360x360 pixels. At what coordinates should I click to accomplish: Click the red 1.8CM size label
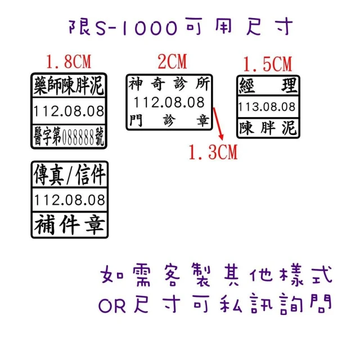point(69,61)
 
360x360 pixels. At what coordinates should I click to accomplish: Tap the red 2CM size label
point(172,61)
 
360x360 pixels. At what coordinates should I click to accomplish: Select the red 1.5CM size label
point(268,64)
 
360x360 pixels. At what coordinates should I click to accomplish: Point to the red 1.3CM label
point(213,152)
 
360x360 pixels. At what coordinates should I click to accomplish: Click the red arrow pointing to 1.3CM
point(218,124)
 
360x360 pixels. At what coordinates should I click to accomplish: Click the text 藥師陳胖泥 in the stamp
point(69,85)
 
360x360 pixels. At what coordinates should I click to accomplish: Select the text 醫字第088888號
point(69,137)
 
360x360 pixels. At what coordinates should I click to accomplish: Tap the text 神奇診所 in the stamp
point(169,84)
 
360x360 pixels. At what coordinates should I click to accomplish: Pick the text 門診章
point(169,120)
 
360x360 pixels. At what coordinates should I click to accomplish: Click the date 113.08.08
point(267,107)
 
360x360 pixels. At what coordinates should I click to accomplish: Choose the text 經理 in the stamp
point(268,85)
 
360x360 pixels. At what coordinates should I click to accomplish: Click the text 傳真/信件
point(69,175)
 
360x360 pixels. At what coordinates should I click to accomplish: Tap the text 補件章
point(70,225)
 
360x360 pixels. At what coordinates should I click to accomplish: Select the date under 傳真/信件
point(70,200)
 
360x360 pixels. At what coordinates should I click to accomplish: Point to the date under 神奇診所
point(169,102)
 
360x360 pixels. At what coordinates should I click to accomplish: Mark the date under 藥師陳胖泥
point(69,111)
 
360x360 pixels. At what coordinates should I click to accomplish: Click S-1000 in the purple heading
point(136,28)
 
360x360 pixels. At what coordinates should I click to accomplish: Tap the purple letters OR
point(112,306)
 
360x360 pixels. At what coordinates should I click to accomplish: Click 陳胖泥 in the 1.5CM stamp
point(267,128)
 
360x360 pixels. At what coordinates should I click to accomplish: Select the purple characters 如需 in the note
point(125,274)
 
